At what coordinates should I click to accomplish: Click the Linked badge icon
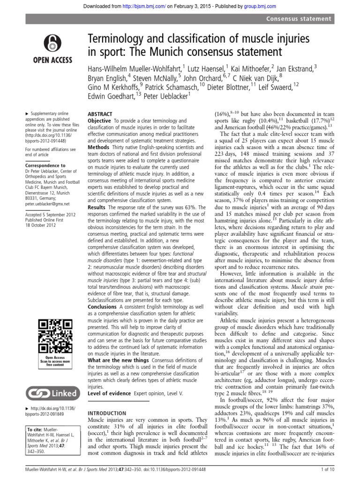click(51, 392)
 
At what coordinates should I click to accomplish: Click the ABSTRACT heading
click(100, 114)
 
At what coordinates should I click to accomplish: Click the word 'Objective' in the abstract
click(100, 121)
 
